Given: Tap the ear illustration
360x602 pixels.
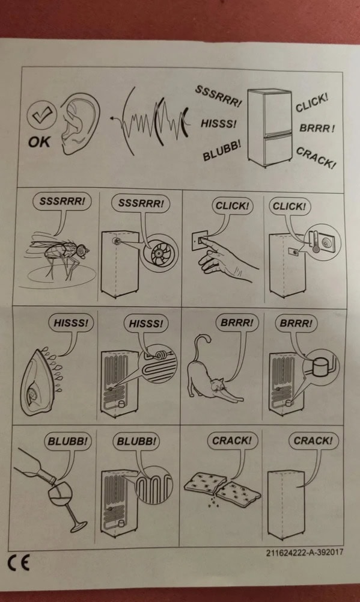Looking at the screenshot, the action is (78, 124).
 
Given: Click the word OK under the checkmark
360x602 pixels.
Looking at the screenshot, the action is (38, 142).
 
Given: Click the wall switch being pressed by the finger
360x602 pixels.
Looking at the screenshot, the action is (200, 241).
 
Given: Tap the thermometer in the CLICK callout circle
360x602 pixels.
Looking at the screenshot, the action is (316, 241).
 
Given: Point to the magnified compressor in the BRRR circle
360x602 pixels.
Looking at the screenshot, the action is (319, 367).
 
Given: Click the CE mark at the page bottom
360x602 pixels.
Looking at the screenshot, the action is (19, 564).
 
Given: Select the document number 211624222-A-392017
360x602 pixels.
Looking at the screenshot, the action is (304, 553).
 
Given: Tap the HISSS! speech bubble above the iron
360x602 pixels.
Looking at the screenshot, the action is (71, 322).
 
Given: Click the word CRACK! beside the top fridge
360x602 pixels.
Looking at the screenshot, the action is (316, 158).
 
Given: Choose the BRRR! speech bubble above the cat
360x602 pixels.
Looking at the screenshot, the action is (237, 322).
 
